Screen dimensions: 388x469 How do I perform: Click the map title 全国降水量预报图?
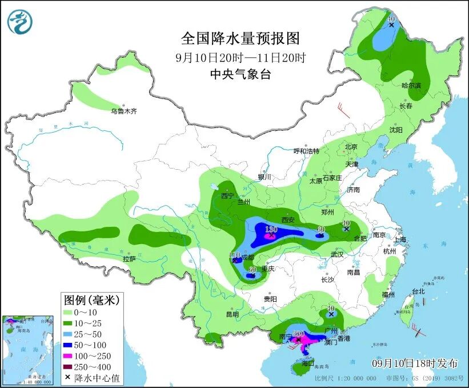tap(240, 38)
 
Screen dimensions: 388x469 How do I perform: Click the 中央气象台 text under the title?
tap(240, 74)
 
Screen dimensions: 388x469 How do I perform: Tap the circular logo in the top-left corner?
tap(20, 22)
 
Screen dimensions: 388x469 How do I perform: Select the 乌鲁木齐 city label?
tap(124, 111)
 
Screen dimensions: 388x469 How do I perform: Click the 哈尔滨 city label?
tap(411, 86)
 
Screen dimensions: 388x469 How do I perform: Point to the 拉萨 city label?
tap(129, 259)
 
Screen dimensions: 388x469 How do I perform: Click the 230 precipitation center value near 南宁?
tap(298, 334)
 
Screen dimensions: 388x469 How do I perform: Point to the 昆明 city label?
tap(232, 314)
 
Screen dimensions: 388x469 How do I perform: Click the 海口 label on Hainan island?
tap(308, 363)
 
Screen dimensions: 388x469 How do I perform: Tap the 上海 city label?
tap(399, 240)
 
